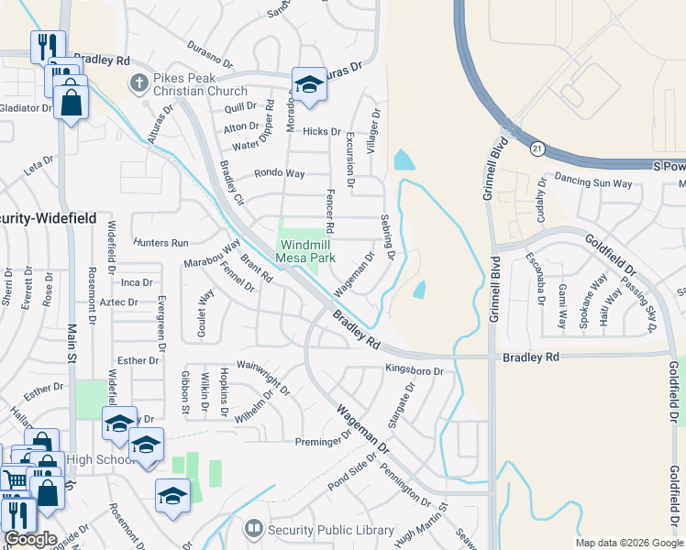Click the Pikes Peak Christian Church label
tap(201, 84)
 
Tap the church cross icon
tap(138, 83)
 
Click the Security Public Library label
tap(330, 530)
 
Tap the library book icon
tap(253, 529)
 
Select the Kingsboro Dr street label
tap(414, 371)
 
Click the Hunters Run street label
tap(160, 242)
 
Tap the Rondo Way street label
tap(280, 172)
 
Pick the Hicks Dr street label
tap(322, 132)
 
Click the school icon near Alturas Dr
tap(310, 85)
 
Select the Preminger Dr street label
tap(324, 442)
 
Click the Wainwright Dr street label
tap(263, 377)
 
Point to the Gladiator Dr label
tap(26, 108)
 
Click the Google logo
tap(30, 539)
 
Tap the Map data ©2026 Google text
tap(629, 543)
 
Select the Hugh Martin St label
tap(420, 519)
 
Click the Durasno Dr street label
tap(214, 44)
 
